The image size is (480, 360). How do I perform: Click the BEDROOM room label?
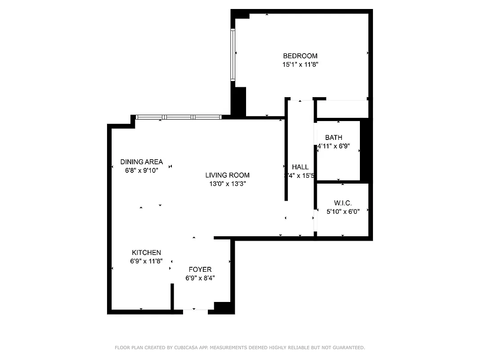300,56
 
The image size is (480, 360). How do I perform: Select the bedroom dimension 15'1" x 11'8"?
300,64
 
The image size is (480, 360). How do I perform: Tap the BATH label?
333,138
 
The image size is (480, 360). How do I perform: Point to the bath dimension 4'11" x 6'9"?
333,146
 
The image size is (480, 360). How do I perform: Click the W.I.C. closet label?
343,203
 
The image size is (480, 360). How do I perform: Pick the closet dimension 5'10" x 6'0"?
343,211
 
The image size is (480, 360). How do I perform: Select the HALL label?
300,167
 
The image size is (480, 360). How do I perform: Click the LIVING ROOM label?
227,175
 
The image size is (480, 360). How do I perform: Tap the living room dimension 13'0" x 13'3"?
227,184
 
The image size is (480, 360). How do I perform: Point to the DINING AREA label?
141,162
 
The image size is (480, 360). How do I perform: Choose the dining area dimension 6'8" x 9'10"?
141,171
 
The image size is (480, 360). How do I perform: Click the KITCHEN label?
146,253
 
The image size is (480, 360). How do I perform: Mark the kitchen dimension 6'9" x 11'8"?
146,261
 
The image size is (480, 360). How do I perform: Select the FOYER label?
200,270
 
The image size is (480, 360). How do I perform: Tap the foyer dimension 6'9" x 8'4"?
200,278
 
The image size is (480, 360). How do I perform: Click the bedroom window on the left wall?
233,55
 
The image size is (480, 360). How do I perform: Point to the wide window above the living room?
179,117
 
